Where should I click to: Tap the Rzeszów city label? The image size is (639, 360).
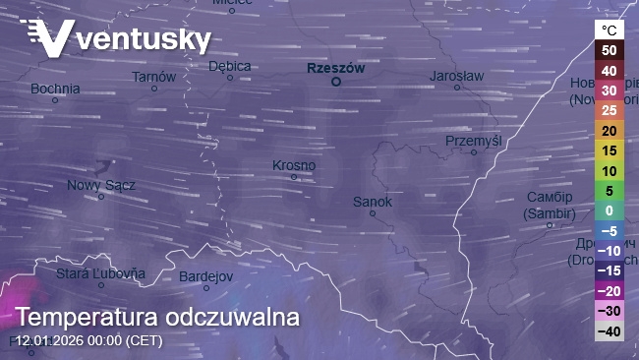point(335,68)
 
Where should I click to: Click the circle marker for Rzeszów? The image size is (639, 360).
point(335,83)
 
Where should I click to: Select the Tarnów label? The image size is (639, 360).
point(153,76)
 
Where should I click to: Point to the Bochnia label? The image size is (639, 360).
point(55,89)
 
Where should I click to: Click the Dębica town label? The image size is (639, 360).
point(230,66)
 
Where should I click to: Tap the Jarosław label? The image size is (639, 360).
point(456,76)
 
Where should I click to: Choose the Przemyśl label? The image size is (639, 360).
point(473,141)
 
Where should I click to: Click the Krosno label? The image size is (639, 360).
point(293,165)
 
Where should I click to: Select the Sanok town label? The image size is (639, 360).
point(373,202)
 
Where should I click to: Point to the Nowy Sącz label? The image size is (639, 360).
point(100,185)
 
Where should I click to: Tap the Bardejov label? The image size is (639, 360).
point(205,274)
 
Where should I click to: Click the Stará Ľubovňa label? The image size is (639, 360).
point(100,273)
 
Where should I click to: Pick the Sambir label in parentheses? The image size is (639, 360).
point(549,212)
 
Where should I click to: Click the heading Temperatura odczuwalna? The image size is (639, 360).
point(157,318)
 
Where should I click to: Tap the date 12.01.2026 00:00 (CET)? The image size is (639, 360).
point(88,341)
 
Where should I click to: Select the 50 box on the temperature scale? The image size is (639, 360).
point(610,50)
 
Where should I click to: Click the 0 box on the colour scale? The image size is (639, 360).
point(610,210)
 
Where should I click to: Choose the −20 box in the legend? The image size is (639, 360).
point(610,290)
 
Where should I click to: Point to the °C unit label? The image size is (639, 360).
point(610,30)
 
